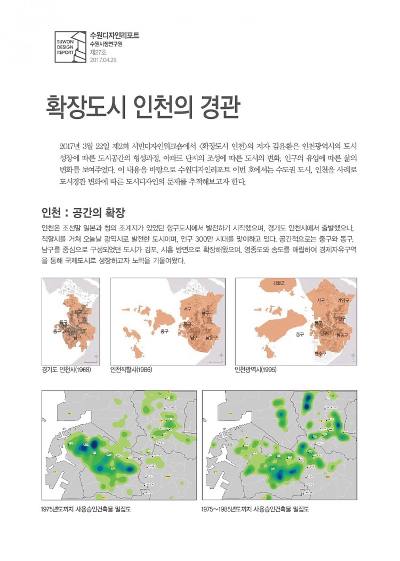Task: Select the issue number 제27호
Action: pos(98,52)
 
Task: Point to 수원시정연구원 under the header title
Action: pos(106,44)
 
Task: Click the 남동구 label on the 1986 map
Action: pos(211,338)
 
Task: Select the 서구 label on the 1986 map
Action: pos(188,309)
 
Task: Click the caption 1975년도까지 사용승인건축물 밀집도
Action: pos(86,509)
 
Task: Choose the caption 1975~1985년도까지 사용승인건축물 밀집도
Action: pos(255,509)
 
